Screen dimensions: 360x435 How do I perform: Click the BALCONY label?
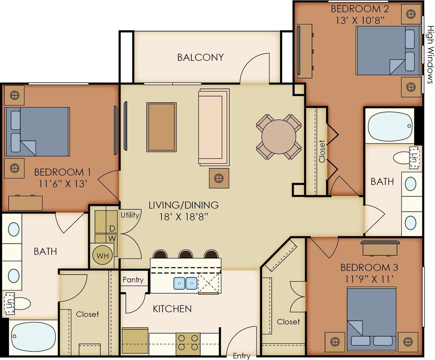point(200,57)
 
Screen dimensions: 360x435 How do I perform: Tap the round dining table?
point(279,136)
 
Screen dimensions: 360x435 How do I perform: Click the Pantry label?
point(133,280)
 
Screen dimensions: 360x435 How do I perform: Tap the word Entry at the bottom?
point(241,356)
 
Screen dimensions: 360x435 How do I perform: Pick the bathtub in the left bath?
point(33,337)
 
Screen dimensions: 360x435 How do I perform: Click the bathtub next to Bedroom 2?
point(390,126)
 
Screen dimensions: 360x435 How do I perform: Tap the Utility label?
point(130,215)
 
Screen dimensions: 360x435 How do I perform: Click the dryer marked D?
point(112,229)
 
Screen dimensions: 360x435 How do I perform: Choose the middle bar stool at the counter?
point(186,254)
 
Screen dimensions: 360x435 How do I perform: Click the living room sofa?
point(214,127)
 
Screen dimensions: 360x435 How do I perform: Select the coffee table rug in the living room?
point(161,127)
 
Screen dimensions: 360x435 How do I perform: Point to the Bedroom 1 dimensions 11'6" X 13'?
point(62,184)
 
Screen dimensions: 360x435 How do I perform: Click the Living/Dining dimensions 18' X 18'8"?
point(184,216)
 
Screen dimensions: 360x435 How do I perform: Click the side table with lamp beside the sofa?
point(219,178)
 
